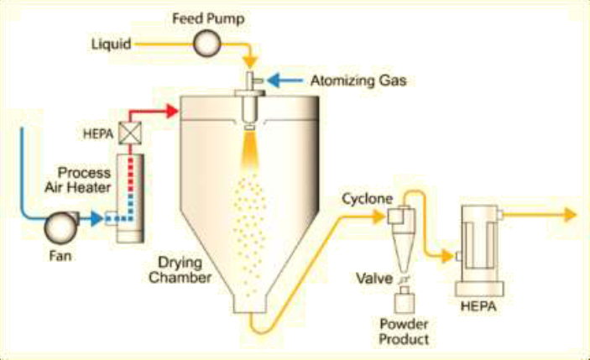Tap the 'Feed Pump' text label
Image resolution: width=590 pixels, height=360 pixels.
(204, 17)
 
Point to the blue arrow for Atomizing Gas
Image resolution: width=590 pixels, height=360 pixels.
(289, 81)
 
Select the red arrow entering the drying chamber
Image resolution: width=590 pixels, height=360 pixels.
(172, 109)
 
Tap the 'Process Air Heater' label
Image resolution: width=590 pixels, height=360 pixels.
(84, 180)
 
